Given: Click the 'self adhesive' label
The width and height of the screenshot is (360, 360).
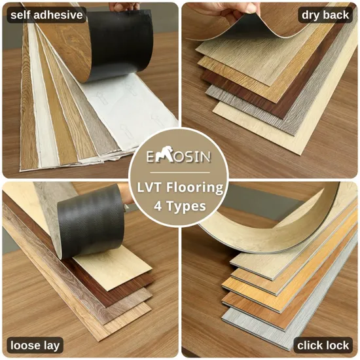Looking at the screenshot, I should click(x=46, y=14).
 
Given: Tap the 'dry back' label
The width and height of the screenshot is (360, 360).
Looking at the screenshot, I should click(x=325, y=14).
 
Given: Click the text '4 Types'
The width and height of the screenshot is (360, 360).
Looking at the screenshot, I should click(x=180, y=206).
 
